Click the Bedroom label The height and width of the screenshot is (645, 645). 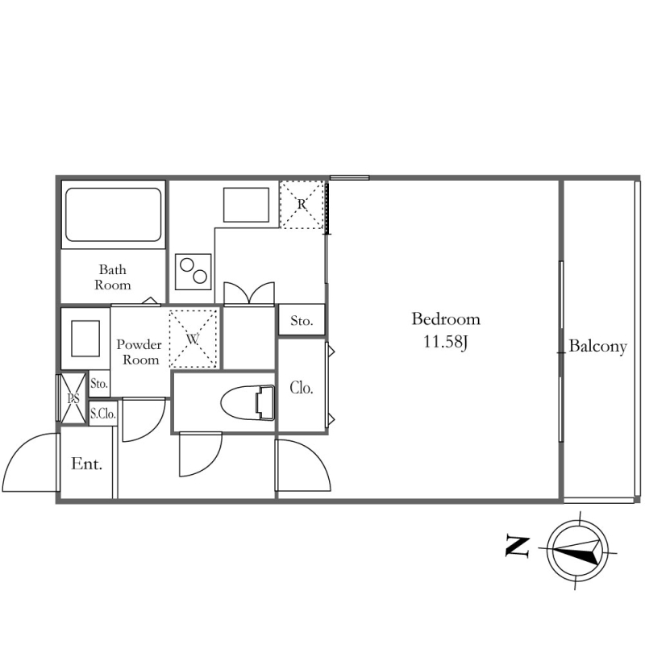pyautogui.click(x=446, y=319)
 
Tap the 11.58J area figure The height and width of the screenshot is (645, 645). pyautogui.click(x=446, y=342)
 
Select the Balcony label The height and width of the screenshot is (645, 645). pyautogui.click(x=597, y=347)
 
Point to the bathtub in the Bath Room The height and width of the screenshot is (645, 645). pyautogui.click(x=113, y=214)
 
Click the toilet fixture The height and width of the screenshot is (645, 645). pyautogui.click(x=248, y=402)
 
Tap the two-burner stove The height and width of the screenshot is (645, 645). pyautogui.click(x=193, y=272)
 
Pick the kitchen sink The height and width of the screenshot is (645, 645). pyautogui.click(x=246, y=205)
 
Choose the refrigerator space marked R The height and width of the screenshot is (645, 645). pyautogui.click(x=302, y=205)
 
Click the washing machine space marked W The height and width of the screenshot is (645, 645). pyautogui.click(x=193, y=339)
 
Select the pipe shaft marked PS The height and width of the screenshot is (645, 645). pyautogui.click(x=73, y=398)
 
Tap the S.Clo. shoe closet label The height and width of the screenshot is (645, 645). pyautogui.click(x=103, y=414)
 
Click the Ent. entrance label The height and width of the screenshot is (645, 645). pyautogui.click(x=86, y=464)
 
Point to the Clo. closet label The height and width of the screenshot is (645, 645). pyautogui.click(x=302, y=388)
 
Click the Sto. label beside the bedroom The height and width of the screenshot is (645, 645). pyautogui.click(x=302, y=320)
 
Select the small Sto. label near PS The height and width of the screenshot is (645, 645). pyautogui.click(x=99, y=384)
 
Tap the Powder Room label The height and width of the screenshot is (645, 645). pyautogui.click(x=139, y=352)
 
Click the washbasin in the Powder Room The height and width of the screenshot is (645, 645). pyautogui.click(x=85, y=339)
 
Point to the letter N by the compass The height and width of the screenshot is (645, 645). pyautogui.click(x=518, y=547)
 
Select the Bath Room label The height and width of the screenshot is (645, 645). pyautogui.click(x=113, y=277)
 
